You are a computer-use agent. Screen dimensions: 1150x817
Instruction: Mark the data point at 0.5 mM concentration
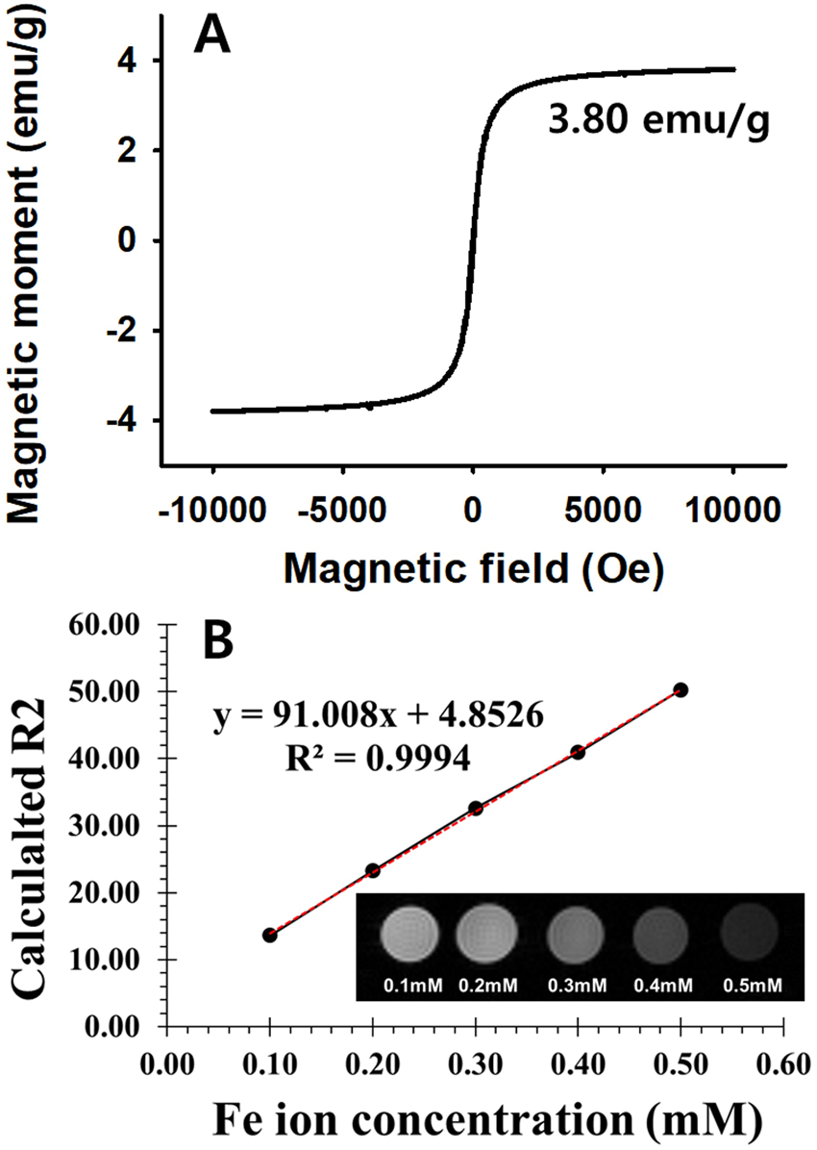pyautogui.click(x=681, y=689)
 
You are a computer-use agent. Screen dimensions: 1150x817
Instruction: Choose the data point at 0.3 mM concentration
pyautogui.click(x=475, y=809)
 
